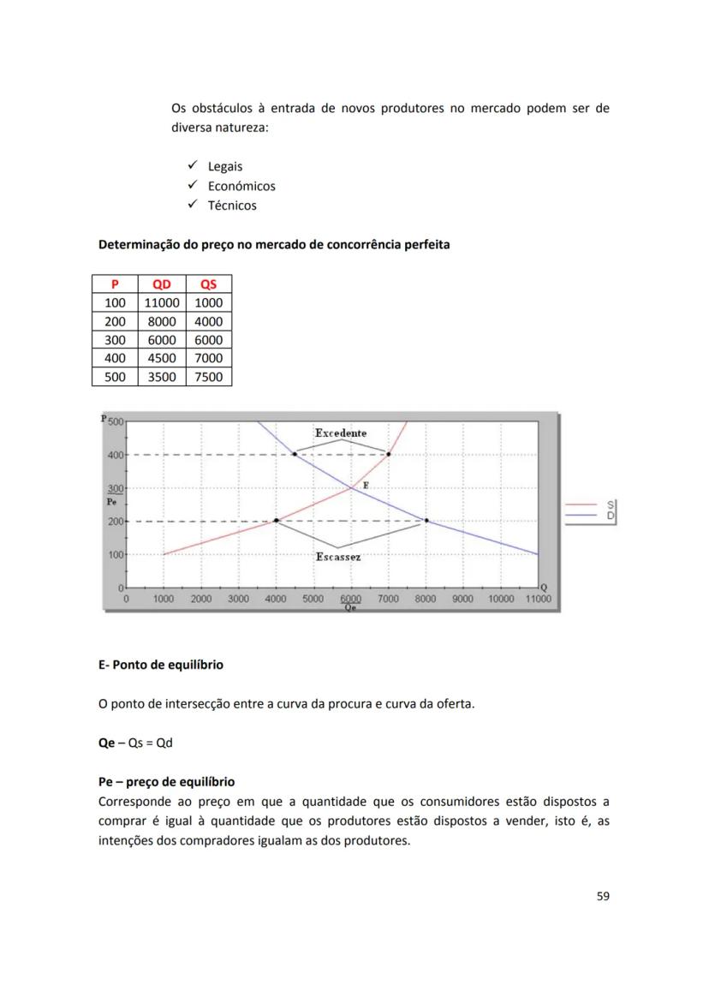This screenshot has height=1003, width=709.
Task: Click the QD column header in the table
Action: [x=161, y=284]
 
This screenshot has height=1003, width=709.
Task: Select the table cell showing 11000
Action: [x=161, y=303]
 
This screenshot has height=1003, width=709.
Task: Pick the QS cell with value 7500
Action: [x=208, y=377]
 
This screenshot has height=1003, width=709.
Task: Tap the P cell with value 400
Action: [x=115, y=358]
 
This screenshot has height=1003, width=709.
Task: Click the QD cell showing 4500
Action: [x=161, y=358]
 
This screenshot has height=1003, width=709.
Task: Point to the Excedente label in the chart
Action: [x=341, y=433]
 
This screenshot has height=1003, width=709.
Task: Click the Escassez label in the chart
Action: [x=338, y=557]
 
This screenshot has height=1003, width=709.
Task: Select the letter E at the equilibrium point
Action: [x=366, y=485]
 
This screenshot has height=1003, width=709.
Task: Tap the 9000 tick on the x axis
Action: [x=462, y=600]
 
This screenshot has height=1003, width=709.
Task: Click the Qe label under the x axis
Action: [x=350, y=608]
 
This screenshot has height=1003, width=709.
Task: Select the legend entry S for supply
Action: [x=611, y=504]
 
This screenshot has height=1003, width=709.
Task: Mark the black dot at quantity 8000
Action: [x=426, y=521]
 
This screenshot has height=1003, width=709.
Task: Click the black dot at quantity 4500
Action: [x=295, y=454]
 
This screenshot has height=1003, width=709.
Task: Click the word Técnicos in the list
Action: [x=232, y=206]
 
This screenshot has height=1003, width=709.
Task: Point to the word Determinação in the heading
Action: [x=142, y=245]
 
